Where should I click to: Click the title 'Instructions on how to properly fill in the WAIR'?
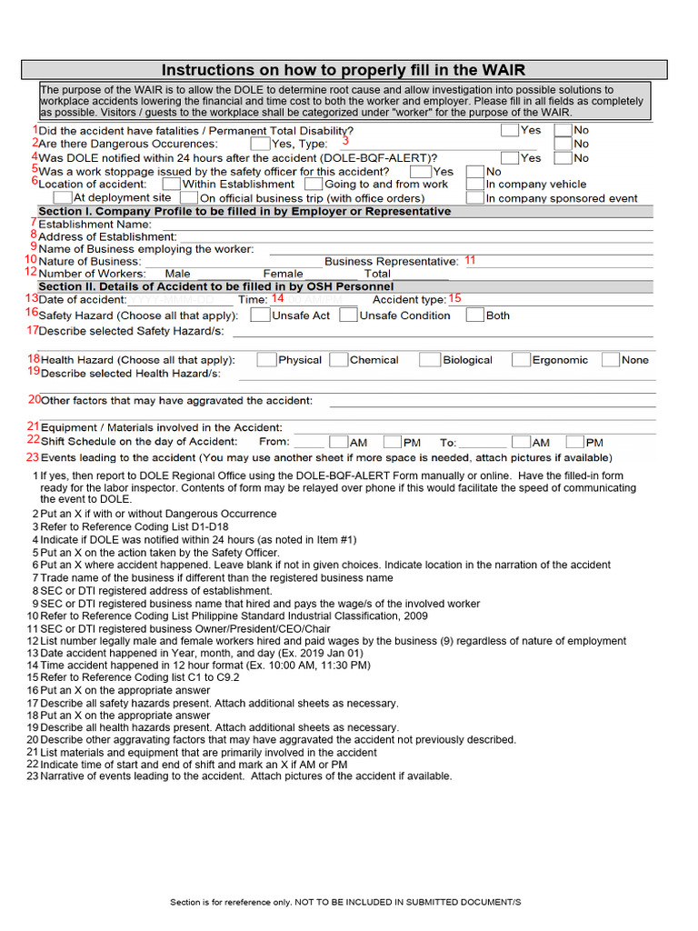click(344, 70)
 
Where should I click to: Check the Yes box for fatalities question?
click(510, 130)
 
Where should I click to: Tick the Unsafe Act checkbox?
click(260, 315)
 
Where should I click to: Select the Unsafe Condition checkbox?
click(347, 315)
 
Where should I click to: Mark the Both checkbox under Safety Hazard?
click(474, 315)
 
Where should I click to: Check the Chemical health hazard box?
click(339, 360)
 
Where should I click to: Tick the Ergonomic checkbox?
click(521, 360)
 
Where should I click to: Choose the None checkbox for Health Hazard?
click(611, 360)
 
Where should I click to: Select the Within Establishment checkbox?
click(171, 184)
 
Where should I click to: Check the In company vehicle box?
click(474, 184)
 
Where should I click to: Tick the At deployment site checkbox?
click(62, 197)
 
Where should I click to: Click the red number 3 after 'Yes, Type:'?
click(345, 141)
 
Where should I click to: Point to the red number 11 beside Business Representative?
click(470, 260)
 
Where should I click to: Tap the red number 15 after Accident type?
click(454, 298)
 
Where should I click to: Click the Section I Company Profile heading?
click(244, 211)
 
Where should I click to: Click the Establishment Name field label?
click(95, 224)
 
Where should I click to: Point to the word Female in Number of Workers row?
click(283, 274)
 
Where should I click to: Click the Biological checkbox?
click(429, 360)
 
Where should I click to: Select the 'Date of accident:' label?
click(82, 299)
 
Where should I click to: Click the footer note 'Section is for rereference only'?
click(345, 902)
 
